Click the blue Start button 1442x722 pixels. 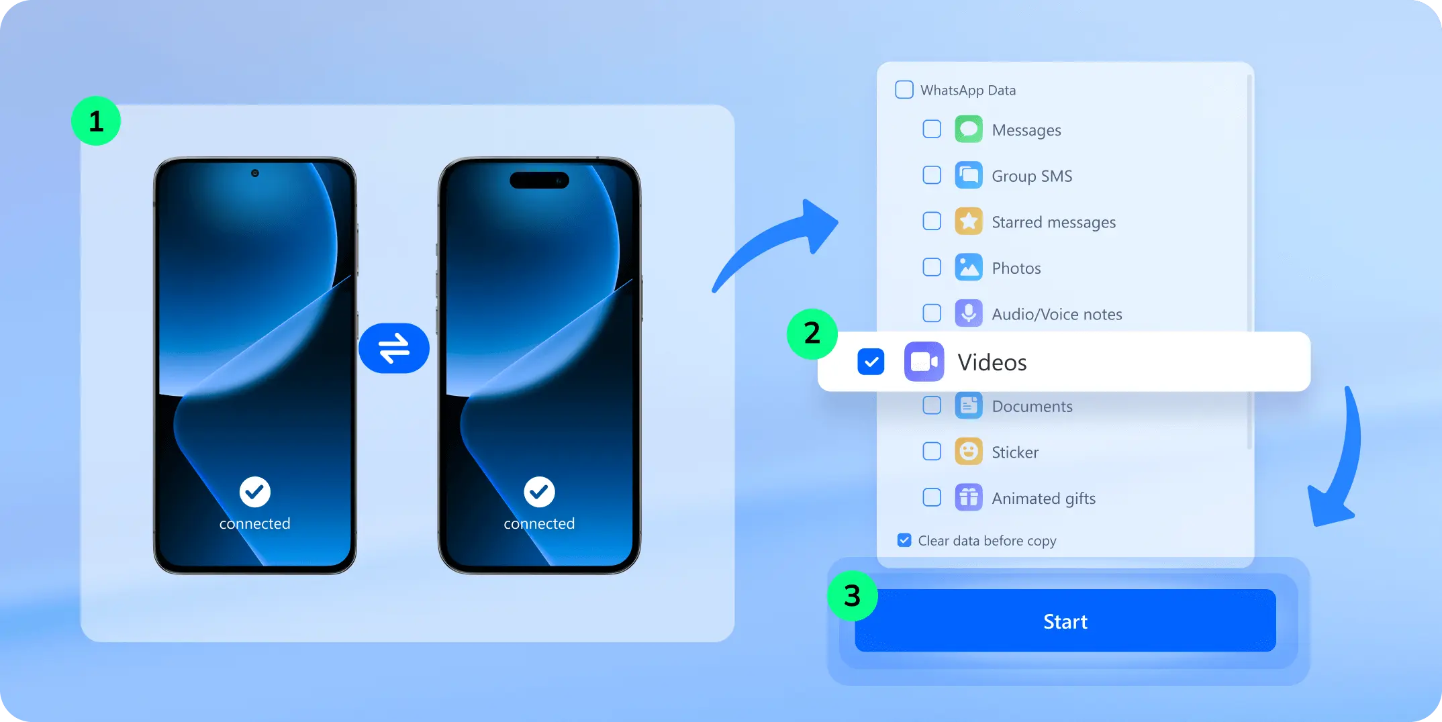1065,621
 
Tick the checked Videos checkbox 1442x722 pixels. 871,362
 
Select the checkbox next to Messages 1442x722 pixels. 932,129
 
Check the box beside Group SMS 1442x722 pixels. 932,175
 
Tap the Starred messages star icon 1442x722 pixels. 969,221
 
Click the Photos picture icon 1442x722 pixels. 969,268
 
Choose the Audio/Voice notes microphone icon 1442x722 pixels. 969,313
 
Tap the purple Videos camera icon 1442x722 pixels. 924,362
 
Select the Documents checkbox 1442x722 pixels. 932,405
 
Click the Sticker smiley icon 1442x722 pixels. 969,452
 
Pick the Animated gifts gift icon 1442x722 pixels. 969,498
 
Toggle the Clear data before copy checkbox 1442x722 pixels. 904,540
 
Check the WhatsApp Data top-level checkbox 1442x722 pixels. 904,89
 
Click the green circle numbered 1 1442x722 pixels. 96,121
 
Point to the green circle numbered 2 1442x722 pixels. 812,333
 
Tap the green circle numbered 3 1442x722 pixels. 852,596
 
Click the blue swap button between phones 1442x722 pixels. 394,348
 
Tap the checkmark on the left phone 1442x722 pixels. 255,493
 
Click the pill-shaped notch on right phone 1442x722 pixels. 539,180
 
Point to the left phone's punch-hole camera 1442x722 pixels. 255,173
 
